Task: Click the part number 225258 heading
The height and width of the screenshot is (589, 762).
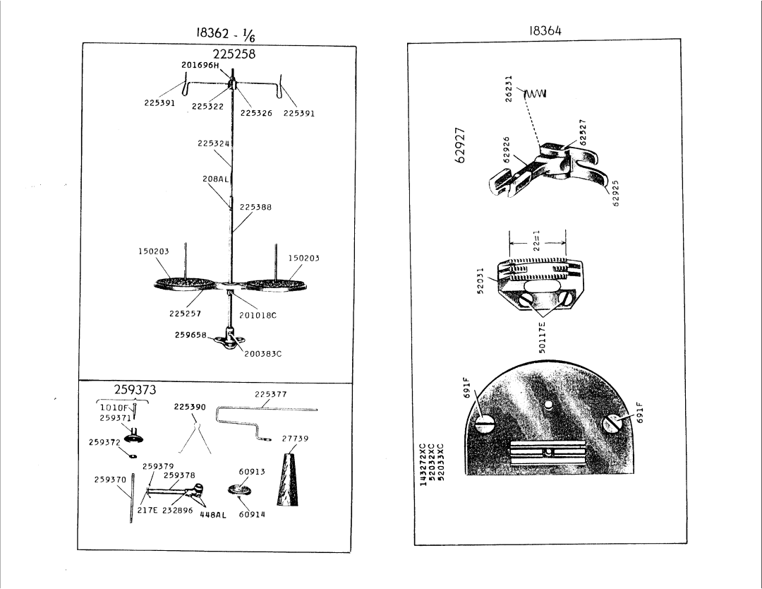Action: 234,54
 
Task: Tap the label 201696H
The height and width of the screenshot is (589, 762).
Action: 200,65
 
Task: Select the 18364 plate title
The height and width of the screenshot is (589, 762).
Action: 545,30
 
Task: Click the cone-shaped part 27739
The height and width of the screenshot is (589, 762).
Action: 288,479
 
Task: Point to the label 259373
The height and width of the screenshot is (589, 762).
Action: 135,390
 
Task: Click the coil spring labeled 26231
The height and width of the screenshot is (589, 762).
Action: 535,93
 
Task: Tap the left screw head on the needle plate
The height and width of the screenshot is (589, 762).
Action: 485,424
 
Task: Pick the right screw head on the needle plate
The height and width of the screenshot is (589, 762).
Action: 612,423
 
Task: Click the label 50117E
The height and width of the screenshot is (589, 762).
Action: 543,337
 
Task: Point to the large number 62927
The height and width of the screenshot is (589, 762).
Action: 461,145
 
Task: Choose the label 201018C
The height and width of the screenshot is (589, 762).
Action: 258,315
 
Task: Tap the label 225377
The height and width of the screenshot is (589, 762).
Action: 271,395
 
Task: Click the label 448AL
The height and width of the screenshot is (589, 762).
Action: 213,515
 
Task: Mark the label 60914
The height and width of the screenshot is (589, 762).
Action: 252,514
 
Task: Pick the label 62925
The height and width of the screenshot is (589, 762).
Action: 616,193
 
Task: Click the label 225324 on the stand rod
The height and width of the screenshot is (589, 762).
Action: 213,143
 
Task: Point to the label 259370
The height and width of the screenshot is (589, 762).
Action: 110,480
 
